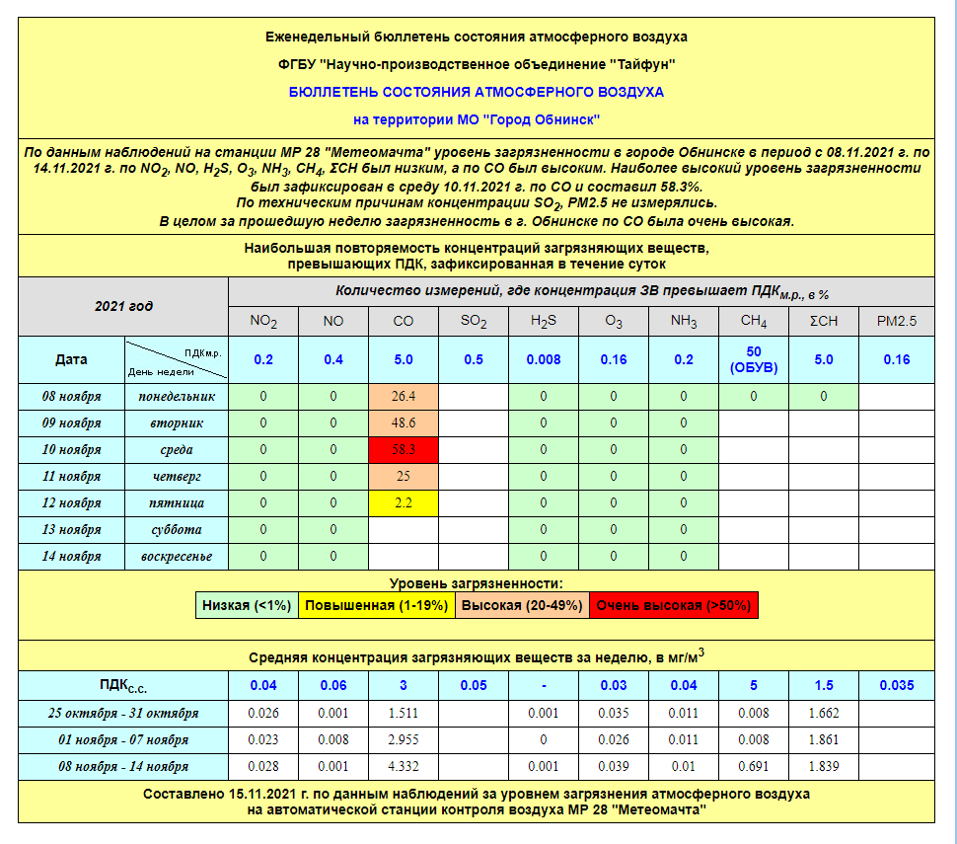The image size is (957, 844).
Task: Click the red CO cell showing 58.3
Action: click(x=403, y=449)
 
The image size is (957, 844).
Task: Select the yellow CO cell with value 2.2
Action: click(x=403, y=502)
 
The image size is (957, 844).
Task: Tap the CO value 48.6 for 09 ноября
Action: click(x=403, y=422)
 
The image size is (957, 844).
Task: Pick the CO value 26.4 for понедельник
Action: click(x=403, y=396)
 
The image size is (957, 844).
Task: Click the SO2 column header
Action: click(x=474, y=321)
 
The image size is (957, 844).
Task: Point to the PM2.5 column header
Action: click(x=896, y=321)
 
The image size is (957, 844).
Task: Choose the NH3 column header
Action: click(x=684, y=321)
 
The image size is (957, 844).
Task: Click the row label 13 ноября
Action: click(x=71, y=529)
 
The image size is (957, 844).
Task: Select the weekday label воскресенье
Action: click(x=177, y=556)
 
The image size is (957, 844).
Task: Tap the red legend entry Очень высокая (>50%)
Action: click(x=674, y=605)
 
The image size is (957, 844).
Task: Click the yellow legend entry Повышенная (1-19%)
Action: click(x=375, y=605)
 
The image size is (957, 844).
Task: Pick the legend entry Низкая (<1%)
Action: click(x=248, y=605)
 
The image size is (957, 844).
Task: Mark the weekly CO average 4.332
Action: click(x=403, y=766)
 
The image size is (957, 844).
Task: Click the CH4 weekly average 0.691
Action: click(x=754, y=766)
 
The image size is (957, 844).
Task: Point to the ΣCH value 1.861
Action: click(x=824, y=739)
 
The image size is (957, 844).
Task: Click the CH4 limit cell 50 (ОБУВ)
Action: click(x=754, y=359)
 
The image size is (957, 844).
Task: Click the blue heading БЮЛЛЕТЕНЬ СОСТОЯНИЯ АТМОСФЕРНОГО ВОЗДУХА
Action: click(x=477, y=92)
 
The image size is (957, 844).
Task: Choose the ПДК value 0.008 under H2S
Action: click(x=544, y=359)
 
